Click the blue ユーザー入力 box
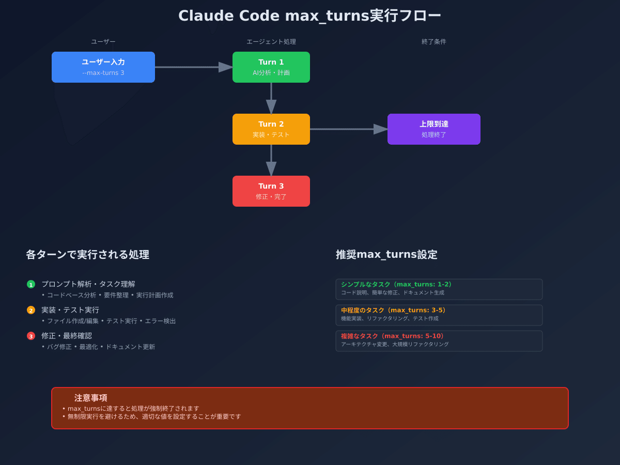click(x=103, y=67)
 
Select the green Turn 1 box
click(x=271, y=67)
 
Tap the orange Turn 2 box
click(x=271, y=129)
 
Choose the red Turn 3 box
click(x=271, y=191)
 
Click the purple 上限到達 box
click(x=434, y=129)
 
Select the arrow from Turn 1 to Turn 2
click(x=271, y=98)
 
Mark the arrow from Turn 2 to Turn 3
click(x=271, y=160)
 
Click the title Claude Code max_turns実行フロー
click(x=309, y=16)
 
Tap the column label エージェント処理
click(x=271, y=42)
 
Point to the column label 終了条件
click(x=434, y=42)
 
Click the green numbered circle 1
click(x=31, y=284)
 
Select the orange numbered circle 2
click(x=31, y=310)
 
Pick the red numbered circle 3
click(x=31, y=336)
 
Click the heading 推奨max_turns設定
click(x=386, y=255)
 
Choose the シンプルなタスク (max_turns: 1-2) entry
click(x=439, y=289)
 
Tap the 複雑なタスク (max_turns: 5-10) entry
click(x=439, y=341)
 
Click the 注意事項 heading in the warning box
click(x=91, y=398)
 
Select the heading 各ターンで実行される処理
click(x=87, y=255)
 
